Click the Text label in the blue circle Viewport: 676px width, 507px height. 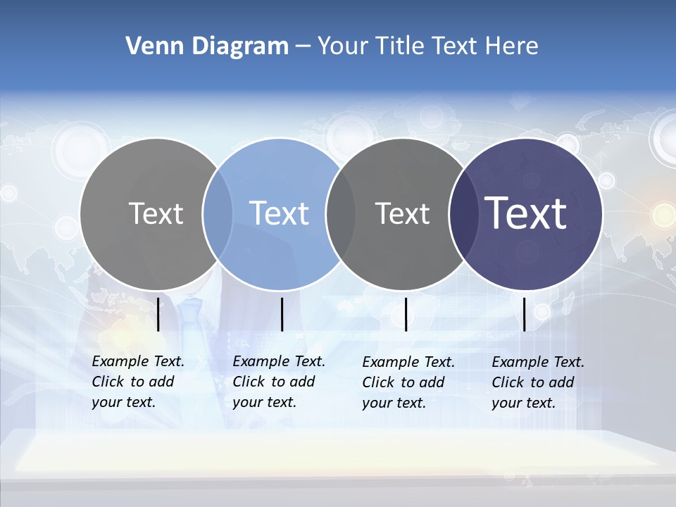click(x=279, y=213)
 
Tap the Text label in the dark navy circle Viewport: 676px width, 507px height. click(x=526, y=213)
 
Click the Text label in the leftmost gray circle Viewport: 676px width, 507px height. click(x=156, y=213)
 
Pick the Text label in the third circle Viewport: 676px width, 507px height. click(x=403, y=213)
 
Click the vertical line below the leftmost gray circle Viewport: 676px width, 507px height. click(x=158, y=314)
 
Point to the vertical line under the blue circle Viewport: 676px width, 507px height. click(x=282, y=314)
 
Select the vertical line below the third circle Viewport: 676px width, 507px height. click(x=406, y=314)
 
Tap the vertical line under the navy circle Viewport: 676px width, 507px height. click(x=525, y=314)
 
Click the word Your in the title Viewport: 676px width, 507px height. click(x=343, y=46)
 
